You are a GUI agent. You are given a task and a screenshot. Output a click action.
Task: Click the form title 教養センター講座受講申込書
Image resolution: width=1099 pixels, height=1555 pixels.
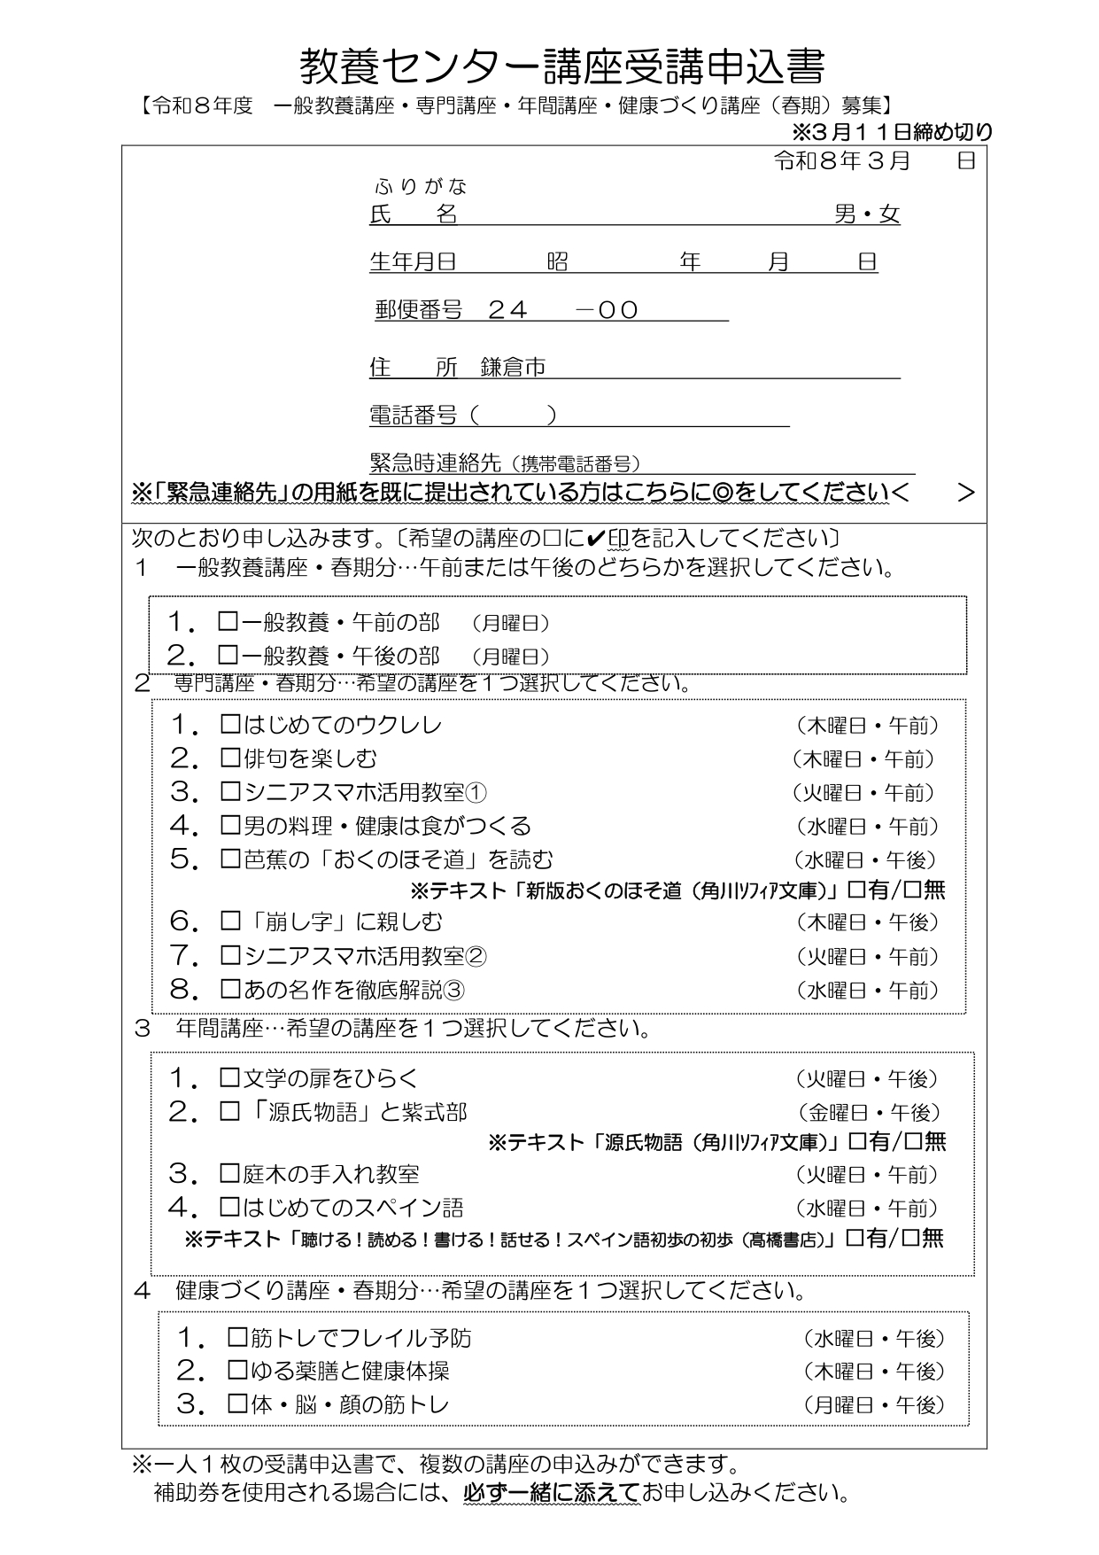point(561,66)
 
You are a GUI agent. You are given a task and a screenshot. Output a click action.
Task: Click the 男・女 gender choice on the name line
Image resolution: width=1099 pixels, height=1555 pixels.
point(867,214)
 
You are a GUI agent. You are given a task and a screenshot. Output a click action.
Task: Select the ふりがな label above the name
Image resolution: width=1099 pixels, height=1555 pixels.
point(421,187)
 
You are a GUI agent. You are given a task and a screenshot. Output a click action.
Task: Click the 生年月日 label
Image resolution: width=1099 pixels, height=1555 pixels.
point(413,262)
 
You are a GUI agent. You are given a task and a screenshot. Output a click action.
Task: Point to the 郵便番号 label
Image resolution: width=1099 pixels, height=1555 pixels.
point(418,310)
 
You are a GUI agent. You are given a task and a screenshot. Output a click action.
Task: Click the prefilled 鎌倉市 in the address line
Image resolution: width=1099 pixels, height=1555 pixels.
point(513,368)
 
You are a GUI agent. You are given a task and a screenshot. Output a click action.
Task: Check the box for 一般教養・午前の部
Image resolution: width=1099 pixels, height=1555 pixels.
point(228,623)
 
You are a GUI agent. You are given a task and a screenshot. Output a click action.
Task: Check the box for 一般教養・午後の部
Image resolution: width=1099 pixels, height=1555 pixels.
point(228,656)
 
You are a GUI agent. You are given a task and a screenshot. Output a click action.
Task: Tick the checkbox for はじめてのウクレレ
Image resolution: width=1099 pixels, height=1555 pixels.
point(230,725)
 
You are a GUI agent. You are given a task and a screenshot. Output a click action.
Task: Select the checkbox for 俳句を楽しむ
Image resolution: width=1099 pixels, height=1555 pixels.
point(230,758)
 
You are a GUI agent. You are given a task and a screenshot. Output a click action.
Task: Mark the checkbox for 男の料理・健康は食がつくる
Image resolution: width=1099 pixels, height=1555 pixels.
point(230,826)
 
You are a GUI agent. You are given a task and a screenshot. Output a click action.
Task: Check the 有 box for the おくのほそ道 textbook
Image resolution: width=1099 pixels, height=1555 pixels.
point(856,890)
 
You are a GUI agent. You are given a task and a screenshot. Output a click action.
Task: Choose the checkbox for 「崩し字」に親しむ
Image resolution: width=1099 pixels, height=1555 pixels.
point(230,922)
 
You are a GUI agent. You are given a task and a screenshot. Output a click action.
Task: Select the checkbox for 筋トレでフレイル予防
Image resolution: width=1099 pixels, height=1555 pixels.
point(237,1337)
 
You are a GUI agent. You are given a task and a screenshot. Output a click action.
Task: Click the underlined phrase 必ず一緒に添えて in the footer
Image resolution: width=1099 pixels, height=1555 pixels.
point(552,1494)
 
